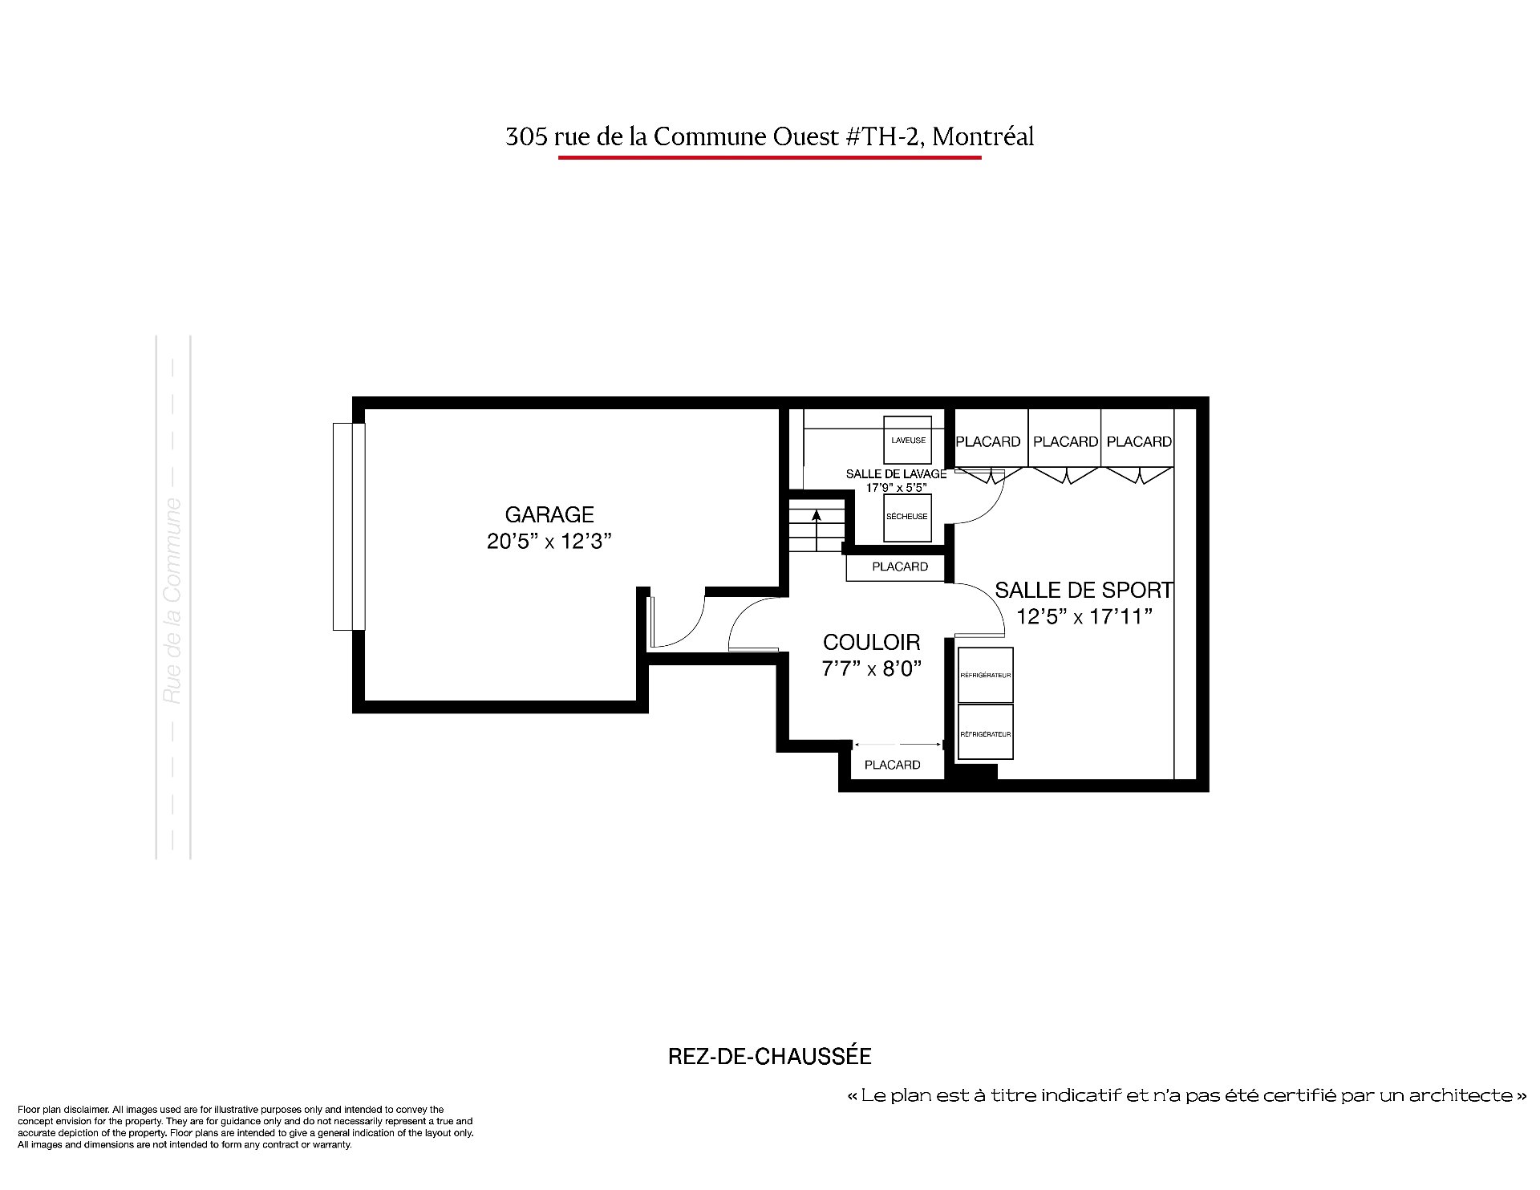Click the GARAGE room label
coord(549,514)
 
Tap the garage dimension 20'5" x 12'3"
coord(549,542)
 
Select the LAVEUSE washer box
coord(908,440)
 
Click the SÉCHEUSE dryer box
coord(907,517)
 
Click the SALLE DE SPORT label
coord(1084,591)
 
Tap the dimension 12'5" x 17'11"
coord(1084,616)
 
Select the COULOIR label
coord(872,642)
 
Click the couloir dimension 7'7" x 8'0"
coord(872,668)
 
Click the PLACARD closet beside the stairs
coord(900,567)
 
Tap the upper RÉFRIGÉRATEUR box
coord(986,675)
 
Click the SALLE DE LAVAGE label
coord(896,474)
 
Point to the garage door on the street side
coord(349,526)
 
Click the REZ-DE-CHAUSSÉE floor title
coord(770,1057)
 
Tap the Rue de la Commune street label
coord(172,601)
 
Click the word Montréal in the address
coord(984,137)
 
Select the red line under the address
coord(770,157)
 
